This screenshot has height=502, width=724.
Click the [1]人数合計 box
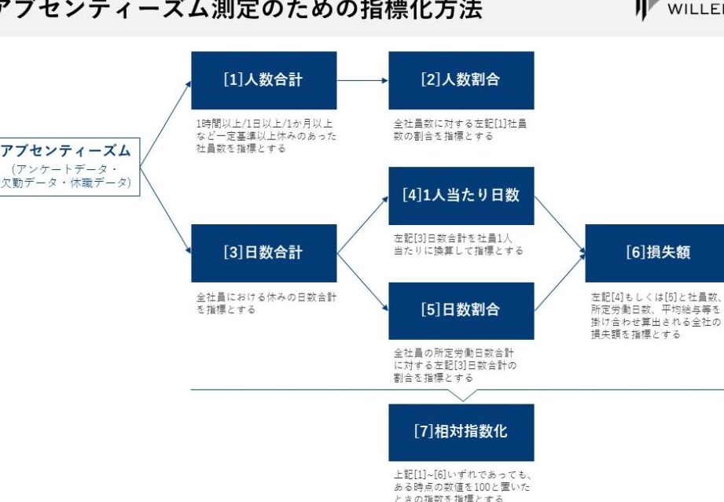263,79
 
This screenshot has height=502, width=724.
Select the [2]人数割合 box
461,79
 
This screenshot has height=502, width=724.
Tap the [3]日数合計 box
263,253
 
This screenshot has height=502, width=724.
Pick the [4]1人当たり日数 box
461,195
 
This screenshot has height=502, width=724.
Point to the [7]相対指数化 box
461,432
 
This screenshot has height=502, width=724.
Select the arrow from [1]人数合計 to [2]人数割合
362,80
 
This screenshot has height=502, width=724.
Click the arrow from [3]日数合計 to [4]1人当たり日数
362,225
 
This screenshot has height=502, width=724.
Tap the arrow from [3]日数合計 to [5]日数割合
362,281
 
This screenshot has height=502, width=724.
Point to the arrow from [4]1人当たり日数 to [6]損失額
560,224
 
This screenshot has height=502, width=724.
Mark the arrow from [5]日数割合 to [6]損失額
560,282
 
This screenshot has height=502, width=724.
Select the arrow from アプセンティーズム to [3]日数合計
166,209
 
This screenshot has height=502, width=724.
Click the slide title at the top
236,11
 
